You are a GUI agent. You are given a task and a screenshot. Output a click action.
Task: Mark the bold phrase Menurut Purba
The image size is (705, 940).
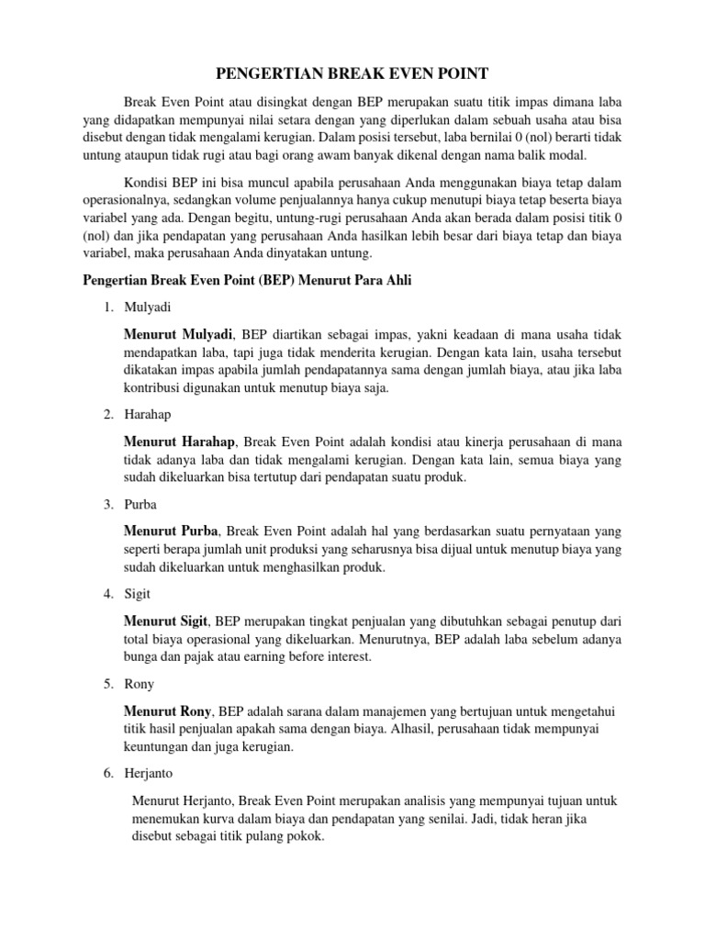(x=171, y=531)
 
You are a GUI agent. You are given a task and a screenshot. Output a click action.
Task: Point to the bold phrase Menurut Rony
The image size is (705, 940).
(x=169, y=711)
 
